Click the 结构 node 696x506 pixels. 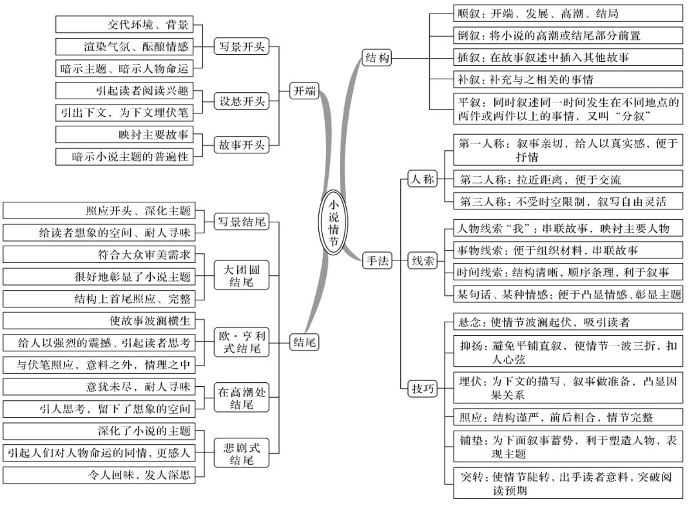coord(377,57)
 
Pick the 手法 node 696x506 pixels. coord(377,260)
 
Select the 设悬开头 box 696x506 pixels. coord(241,101)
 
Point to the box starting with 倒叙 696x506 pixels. coord(568,35)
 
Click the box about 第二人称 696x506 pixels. coord(568,179)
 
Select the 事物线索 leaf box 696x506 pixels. coord(568,249)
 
